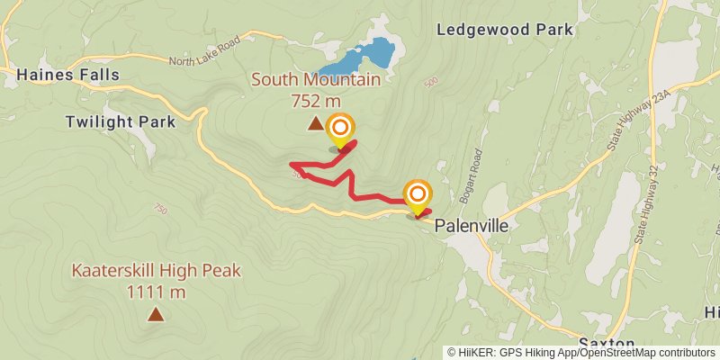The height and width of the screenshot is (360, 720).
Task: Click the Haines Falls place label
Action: [x=67, y=76]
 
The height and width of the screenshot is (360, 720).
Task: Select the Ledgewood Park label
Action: [x=505, y=30]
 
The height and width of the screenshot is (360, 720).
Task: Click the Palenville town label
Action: [x=472, y=227]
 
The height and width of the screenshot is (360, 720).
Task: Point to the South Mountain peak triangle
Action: [x=315, y=124]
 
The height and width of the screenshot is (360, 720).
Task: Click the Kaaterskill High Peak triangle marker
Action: [x=156, y=314]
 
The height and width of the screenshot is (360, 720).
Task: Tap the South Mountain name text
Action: [x=315, y=79]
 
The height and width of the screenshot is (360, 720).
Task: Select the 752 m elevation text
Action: [x=315, y=101]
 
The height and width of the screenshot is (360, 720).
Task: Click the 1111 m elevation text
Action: [x=156, y=292]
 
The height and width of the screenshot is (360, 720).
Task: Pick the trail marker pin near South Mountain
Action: [x=340, y=131]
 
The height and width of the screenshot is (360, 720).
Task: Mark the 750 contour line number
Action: [x=161, y=209]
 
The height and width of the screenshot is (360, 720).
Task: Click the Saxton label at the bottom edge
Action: [x=607, y=344]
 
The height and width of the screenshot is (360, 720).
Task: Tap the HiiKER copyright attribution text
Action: [x=582, y=353]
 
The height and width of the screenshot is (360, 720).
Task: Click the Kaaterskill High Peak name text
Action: [x=156, y=271]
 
